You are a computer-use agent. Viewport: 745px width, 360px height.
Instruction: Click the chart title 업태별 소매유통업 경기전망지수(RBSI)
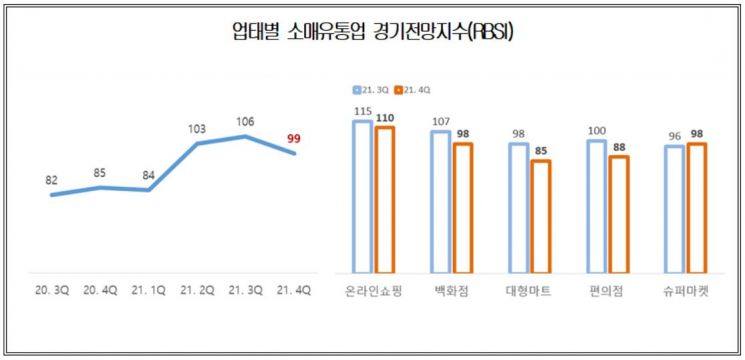pyautogui.click(x=372, y=34)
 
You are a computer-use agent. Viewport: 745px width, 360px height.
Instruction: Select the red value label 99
pyautogui.click(x=294, y=138)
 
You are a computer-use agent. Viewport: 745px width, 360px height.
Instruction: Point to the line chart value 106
pyautogui.click(x=245, y=122)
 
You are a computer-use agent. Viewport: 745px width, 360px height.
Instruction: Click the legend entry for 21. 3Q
pyautogui.click(x=374, y=89)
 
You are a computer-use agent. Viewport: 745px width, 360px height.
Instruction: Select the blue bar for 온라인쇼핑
pyautogui.click(x=361, y=196)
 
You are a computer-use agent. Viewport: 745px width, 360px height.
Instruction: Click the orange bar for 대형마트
pyautogui.click(x=541, y=215)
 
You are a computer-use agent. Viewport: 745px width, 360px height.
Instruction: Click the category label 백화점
pyautogui.click(x=450, y=291)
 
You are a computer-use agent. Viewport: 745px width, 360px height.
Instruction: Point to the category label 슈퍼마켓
pyautogui.click(x=684, y=291)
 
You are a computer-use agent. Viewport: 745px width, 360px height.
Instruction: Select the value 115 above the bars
pyautogui.click(x=361, y=110)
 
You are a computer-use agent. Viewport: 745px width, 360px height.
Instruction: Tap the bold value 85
pyautogui.click(x=541, y=152)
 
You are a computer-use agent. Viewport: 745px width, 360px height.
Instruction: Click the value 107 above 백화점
pyautogui.click(x=439, y=122)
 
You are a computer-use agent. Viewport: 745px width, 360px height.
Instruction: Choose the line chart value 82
pyautogui.click(x=52, y=181)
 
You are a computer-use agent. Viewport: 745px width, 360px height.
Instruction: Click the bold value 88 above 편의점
pyautogui.click(x=618, y=147)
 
